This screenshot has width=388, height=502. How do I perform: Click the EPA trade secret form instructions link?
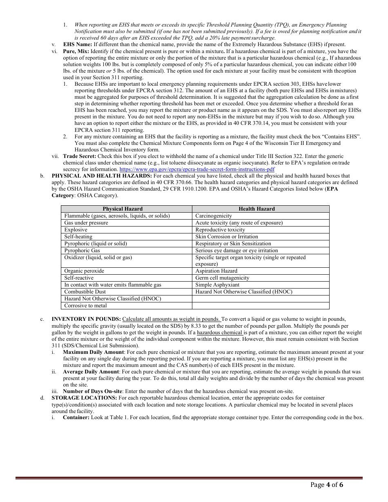197,169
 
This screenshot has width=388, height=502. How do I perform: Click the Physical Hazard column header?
123,209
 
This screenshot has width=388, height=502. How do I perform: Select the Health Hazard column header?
256,209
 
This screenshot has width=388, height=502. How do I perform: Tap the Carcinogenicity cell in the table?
214,216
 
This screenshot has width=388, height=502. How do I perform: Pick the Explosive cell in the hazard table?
76,230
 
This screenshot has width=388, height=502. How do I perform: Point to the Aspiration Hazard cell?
216,271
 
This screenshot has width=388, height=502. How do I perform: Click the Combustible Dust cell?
85,292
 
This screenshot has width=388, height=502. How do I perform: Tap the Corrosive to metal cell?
85,306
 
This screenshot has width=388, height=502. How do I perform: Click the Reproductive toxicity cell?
220,230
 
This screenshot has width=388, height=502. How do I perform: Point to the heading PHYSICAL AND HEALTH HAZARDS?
102,176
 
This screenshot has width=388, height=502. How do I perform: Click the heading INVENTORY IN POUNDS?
86,319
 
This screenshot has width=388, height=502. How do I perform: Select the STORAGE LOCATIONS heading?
84,398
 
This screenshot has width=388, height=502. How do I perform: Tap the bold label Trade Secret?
80,156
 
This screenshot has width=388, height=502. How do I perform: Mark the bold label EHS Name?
77,44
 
